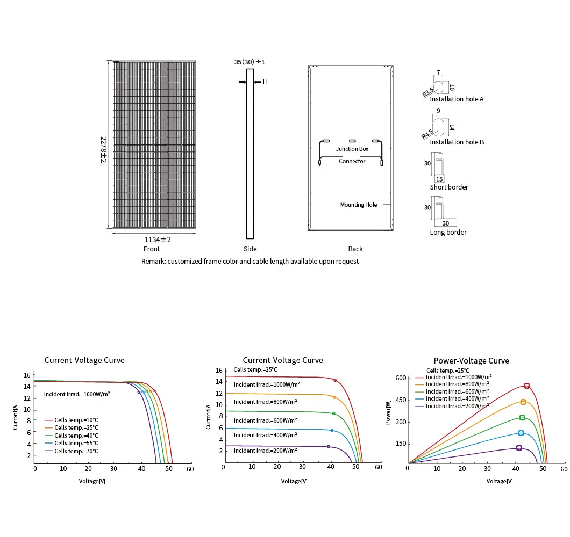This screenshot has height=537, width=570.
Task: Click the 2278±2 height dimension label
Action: (x=103, y=150)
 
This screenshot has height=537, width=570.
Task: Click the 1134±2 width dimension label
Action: (x=158, y=240)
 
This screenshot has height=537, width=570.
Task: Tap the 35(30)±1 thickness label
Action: (x=250, y=62)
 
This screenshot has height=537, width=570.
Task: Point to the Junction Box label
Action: (x=352, y=149)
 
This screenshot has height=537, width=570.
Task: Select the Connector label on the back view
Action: (x=352, y=161)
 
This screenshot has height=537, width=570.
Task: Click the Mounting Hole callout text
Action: (x=359, y=205)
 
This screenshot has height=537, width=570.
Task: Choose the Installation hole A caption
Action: (x=457, y=99)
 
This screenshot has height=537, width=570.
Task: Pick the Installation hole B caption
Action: (x=457, y=142)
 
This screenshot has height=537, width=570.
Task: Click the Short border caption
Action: (x=449, y=187)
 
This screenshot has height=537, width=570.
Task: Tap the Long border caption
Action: (x=448, y=233)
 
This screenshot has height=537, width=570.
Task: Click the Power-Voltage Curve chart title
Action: (x=471, y=361)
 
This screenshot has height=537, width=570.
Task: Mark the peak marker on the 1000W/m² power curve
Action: (x=526, y=386)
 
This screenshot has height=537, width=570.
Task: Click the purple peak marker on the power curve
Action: (x=519, y=448)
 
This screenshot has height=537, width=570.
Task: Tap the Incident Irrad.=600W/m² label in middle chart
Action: (x=267, y=420)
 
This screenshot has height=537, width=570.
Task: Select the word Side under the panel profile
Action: (x=250, y=249)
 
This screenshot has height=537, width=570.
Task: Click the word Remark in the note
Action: (x=153, y=262)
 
